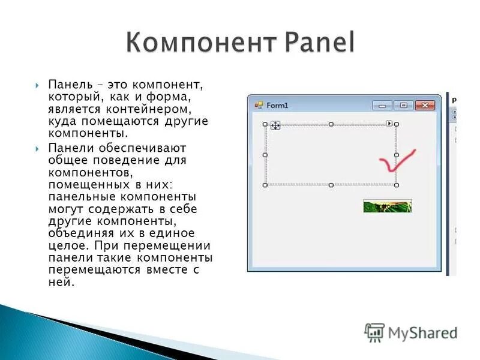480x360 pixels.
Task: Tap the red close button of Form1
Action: point(425,106)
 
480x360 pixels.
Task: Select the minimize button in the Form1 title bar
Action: point(382,106)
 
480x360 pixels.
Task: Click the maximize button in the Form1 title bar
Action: point(403,106)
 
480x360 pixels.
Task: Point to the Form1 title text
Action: point(277,106)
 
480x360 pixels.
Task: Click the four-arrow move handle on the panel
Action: point(275,125)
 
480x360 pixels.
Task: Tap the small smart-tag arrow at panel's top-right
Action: point(389,124)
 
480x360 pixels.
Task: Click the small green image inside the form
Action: point(387,206)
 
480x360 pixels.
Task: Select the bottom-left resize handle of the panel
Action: point(265,185)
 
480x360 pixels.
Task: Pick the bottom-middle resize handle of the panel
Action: point(331,185)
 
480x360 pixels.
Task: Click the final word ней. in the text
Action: point(61,282)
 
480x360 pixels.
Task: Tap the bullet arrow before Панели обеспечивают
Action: point(37,148)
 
